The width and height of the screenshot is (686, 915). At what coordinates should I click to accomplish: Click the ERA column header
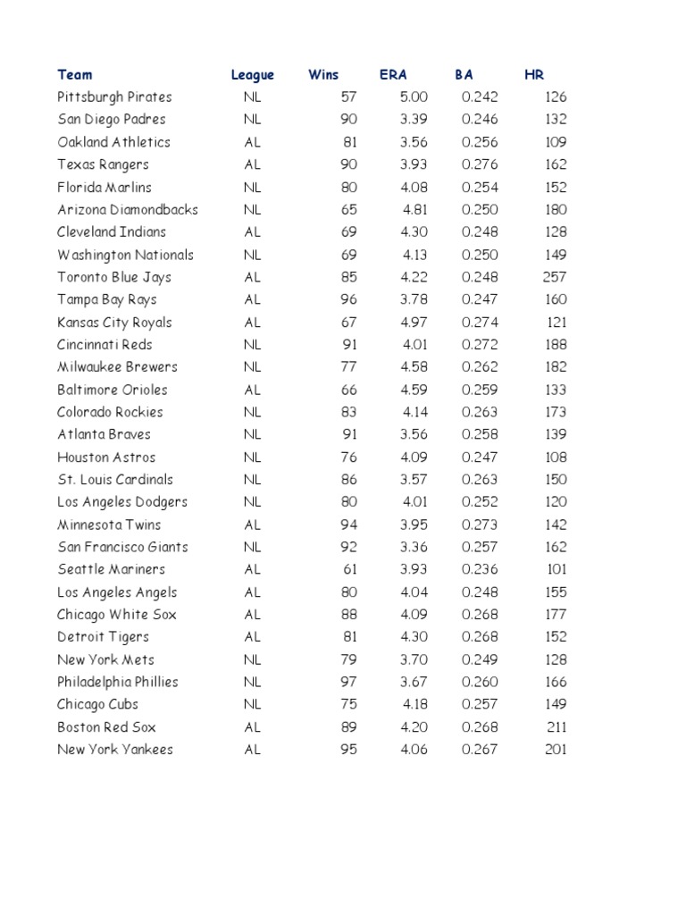click(x=393, y=75)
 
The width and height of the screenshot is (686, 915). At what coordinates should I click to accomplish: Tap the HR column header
click(x=534, y=75)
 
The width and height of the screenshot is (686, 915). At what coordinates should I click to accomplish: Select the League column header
click(x=253, y=75)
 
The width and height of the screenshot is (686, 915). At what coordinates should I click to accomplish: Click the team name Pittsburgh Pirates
click(x=114, y=97)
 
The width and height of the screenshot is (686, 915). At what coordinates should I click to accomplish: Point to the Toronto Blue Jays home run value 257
click(x=555, y=277)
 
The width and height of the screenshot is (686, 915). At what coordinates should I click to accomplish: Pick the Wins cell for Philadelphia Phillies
click(x=348, y=682)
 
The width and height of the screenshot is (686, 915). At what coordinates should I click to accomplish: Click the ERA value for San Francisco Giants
click(x=415, y=547)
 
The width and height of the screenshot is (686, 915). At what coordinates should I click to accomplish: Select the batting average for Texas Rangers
click(x=481, y=164)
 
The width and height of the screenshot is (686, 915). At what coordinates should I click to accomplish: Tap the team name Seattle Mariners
click(x=111, y=569)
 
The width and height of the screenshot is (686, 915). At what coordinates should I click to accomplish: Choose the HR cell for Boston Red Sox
click(x=556, y=727)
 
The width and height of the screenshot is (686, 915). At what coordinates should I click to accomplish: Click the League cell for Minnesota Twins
click(x=253, y=525)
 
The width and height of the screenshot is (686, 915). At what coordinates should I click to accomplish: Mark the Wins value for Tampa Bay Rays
click(x=348, y=299)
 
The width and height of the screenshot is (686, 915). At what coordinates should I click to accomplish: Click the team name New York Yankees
click(x=115, y=750)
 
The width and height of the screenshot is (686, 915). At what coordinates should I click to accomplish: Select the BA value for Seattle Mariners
click(x=481, y=569)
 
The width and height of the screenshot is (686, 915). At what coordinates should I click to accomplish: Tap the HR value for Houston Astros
click(x=556, y=457)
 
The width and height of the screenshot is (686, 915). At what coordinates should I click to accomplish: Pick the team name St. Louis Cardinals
click(x=115, y=480)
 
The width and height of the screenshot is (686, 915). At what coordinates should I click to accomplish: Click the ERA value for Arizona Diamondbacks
click(x=416, y=210)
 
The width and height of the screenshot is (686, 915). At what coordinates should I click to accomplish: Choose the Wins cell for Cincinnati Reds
click(x=348, y=345)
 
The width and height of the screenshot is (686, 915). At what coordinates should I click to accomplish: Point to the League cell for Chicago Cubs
click(x=253, y=704)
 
